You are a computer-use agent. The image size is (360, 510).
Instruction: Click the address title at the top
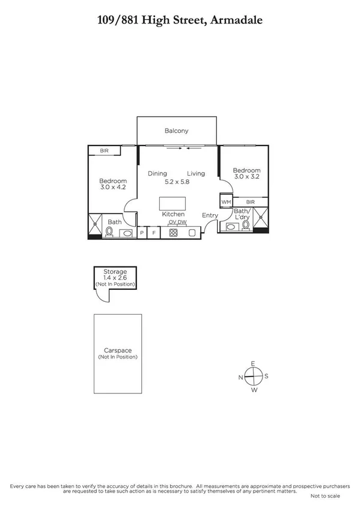click(x=180, y=20)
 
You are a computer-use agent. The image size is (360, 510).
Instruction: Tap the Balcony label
click(x=177, y=131)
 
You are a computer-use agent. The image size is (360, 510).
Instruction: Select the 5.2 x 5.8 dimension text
click(x=177, y=182)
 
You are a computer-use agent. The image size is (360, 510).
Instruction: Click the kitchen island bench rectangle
click(x=173, y=203)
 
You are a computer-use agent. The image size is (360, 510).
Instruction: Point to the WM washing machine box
click(x=226, y=202)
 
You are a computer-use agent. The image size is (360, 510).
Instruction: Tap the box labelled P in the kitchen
click(x=142, y=232)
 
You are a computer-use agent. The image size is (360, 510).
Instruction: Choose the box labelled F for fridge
click(x=153, y=232)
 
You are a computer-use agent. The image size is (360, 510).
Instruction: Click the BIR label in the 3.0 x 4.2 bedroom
click(x=104, y=150)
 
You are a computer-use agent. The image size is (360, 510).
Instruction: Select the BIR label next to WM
click(x=250, y=202)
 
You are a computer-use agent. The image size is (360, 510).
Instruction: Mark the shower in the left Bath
click(x=96, y=224)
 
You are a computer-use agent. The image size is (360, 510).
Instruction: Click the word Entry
click(x=210, y=215)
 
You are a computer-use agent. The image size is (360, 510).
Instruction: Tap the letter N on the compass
click(x=241, y=377)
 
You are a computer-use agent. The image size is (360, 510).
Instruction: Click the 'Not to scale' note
click(x=325, y=496)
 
